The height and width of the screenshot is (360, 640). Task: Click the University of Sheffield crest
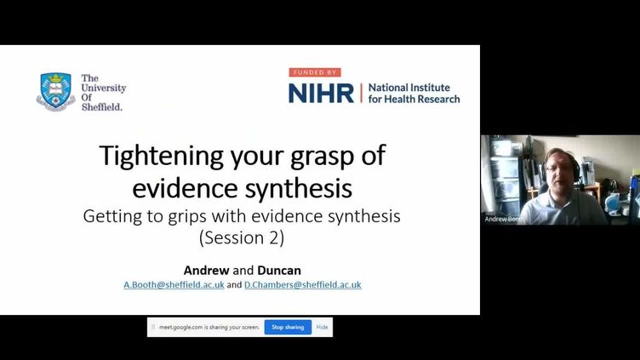tap(55, 92)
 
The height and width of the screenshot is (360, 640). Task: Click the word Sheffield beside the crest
tap(101, 107)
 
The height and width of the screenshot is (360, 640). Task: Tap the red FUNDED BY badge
tap(315, 72)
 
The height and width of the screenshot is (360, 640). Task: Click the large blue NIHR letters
tap(321, 93)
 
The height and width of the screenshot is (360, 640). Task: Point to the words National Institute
tap(409, 88)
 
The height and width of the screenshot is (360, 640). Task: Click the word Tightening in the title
tap(162, 156)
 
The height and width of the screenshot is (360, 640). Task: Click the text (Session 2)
tap(242, 237)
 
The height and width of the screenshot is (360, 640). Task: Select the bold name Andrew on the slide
tap(206, 270)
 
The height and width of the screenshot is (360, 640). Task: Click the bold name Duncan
tap(279, 270)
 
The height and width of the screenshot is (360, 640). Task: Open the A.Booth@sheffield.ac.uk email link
tap(174, 284)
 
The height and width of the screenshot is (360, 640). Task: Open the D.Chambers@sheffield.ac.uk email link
tap(303, 284)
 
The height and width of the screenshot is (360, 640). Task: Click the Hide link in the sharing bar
tap(322, 327)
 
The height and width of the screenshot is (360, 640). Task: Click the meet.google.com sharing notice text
tap(209, 327)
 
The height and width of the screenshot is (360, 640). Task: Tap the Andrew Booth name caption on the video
tap(504, 220)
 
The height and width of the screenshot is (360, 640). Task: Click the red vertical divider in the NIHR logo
tap(361, 93)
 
